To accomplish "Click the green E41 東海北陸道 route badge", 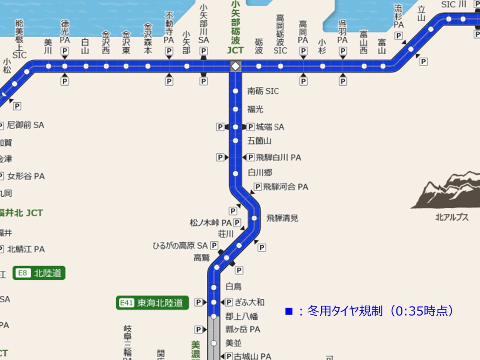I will click(x=152, y=303).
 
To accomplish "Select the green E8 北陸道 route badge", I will click(x=39, y=273).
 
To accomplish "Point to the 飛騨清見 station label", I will click(x=282, y=218).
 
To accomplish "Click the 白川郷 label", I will click(x=260, y=173).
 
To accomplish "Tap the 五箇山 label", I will click(x=260, y=141).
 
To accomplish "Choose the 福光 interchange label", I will click(x=255, y=109).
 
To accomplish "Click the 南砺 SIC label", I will click(x=263, y=91).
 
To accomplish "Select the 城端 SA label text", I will click(x=270, y=127).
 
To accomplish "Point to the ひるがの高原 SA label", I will click(x=180, y=246).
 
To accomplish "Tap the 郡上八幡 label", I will click(x=242, y=317).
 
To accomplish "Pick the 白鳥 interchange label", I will click(x=234, y=286).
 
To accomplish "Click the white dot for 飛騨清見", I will click(x=254, y=218).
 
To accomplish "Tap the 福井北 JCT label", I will click(x=21, y=213).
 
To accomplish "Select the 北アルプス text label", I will click(x=452, y=218).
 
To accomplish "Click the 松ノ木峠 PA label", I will click(x=211, y=222).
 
